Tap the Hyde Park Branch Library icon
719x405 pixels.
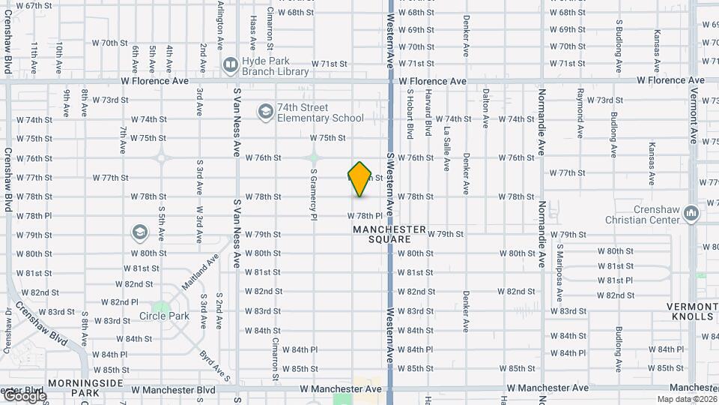tap(229, 65)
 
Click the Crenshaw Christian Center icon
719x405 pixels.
tap(691, 214)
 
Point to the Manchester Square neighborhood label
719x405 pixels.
tap(389, 234)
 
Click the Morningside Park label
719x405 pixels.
tap(73, 388)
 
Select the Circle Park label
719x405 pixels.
tap(163, 316)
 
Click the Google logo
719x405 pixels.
tap(24, 397)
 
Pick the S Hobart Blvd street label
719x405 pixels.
tap(410, 114)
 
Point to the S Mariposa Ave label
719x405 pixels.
tap(559, 265)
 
